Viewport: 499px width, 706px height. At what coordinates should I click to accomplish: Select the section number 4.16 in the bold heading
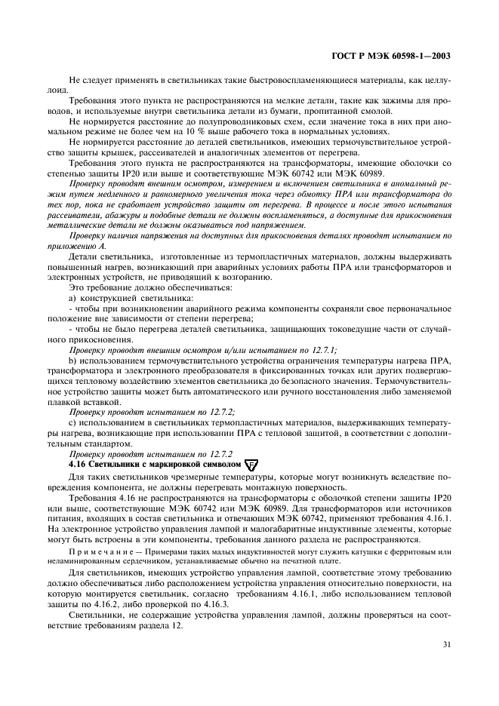78,465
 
